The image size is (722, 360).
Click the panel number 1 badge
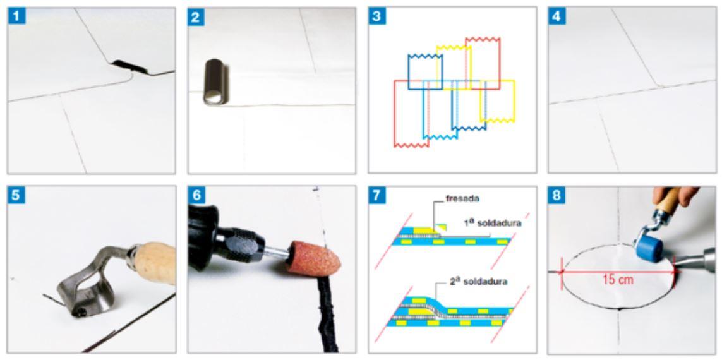[16, 16]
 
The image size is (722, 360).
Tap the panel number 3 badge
[377, 16]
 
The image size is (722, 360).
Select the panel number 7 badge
[377, 196]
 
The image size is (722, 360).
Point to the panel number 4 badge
[557, 16]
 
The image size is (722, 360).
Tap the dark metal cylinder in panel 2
[214, 81]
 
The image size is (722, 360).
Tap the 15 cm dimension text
[618, 279]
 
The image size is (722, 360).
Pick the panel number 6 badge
[197, 196]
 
